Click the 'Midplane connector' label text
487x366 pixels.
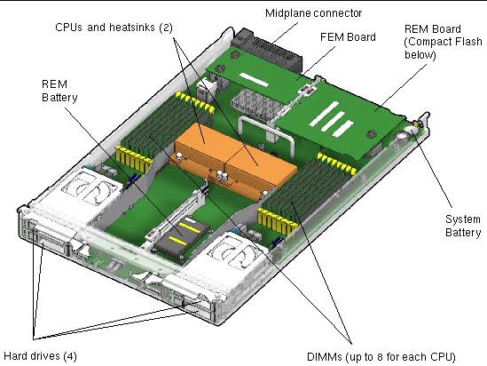coord(313,13)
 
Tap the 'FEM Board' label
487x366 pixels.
coord(348,37)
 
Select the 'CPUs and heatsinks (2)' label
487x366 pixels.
coord(114,28)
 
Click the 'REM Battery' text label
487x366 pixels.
coord(59,91)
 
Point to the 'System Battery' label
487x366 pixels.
coord(463,226)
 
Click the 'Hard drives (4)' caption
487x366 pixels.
coord(40,356)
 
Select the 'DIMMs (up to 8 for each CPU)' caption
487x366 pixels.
coord(381,356)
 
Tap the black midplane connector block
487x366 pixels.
coord(270,50)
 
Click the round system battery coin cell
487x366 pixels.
coord(402,136)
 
